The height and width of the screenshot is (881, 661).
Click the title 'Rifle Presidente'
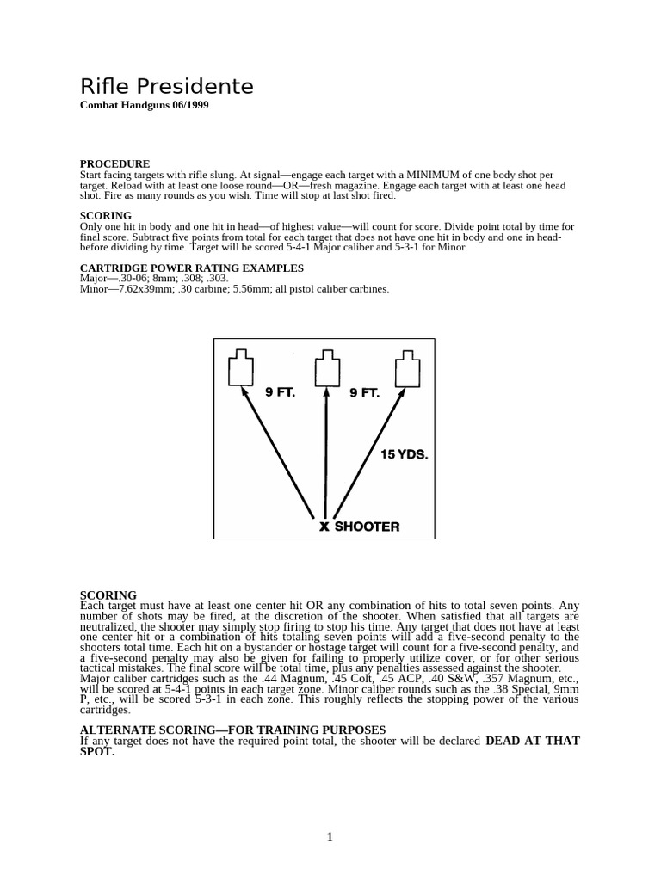(x=166, y=87)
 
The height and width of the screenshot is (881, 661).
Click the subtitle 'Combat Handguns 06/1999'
(x=144, y=105)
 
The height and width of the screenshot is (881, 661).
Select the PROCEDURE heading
(x=114, y=163)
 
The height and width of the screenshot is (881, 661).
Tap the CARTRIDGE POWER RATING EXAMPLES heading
(x=192, y=268)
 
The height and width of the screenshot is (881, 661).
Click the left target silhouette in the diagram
(x=242, y=368)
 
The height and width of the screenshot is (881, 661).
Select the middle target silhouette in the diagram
(x=325, y=368)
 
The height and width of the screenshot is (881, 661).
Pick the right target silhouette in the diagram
(x=407, y=368)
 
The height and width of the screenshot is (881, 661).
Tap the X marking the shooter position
(x=324, y=527)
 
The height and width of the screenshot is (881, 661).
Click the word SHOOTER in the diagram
(x=367, y=527)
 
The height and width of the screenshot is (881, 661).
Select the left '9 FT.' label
(x=281, y=393)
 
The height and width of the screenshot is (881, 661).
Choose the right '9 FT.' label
(x=364, y=393)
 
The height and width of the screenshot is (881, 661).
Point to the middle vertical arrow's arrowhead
(x=325, y=394)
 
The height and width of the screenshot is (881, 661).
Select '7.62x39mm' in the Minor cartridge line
(x=138, y=289)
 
